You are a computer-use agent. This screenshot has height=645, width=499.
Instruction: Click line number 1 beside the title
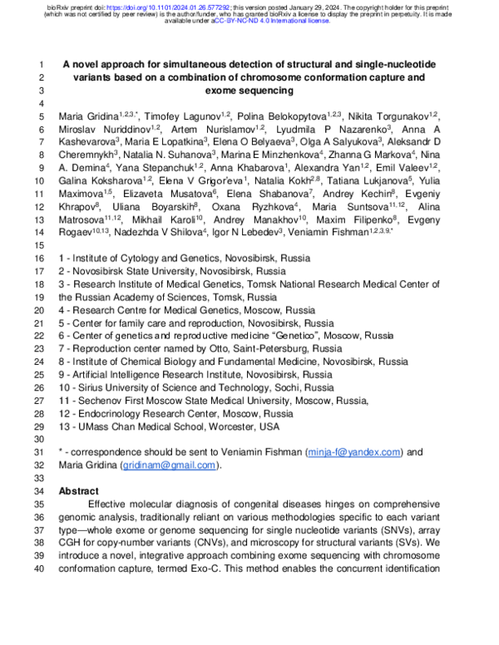42,65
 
